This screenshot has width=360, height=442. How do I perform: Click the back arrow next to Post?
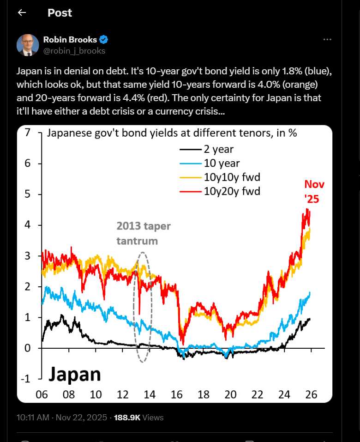[x=22, y=13]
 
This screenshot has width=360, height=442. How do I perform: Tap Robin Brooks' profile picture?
[x=28, y=45]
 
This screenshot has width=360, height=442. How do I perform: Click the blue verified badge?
[x=104, y=39]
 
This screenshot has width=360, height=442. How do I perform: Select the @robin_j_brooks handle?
[x=74, y=51]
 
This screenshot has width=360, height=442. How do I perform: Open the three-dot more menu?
[x=327, y=40]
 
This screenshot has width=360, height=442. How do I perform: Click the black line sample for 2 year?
[x=190, y=150]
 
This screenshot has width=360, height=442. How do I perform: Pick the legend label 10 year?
[x=222, y=163]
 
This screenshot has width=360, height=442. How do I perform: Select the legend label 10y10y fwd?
[x=229, y=177]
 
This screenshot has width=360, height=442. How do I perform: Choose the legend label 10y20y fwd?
[x=232, y=190]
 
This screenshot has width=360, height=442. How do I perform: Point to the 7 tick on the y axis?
[x=27, y=133]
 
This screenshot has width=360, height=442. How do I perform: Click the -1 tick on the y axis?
[x=25, y=379]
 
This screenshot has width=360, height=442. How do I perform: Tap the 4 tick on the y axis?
[x=27, y=225]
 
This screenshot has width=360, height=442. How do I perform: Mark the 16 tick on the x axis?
[x=176, y=395]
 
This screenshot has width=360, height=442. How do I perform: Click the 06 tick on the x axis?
[x=42, y=395]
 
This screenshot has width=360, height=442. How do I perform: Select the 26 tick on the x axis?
[x=311, y=395]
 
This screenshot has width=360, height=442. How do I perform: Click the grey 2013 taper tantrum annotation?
[x=143, y=233]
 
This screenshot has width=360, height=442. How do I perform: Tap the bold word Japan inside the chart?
[x=75, y=374]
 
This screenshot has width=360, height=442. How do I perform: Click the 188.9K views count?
[x=128, y=418]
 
